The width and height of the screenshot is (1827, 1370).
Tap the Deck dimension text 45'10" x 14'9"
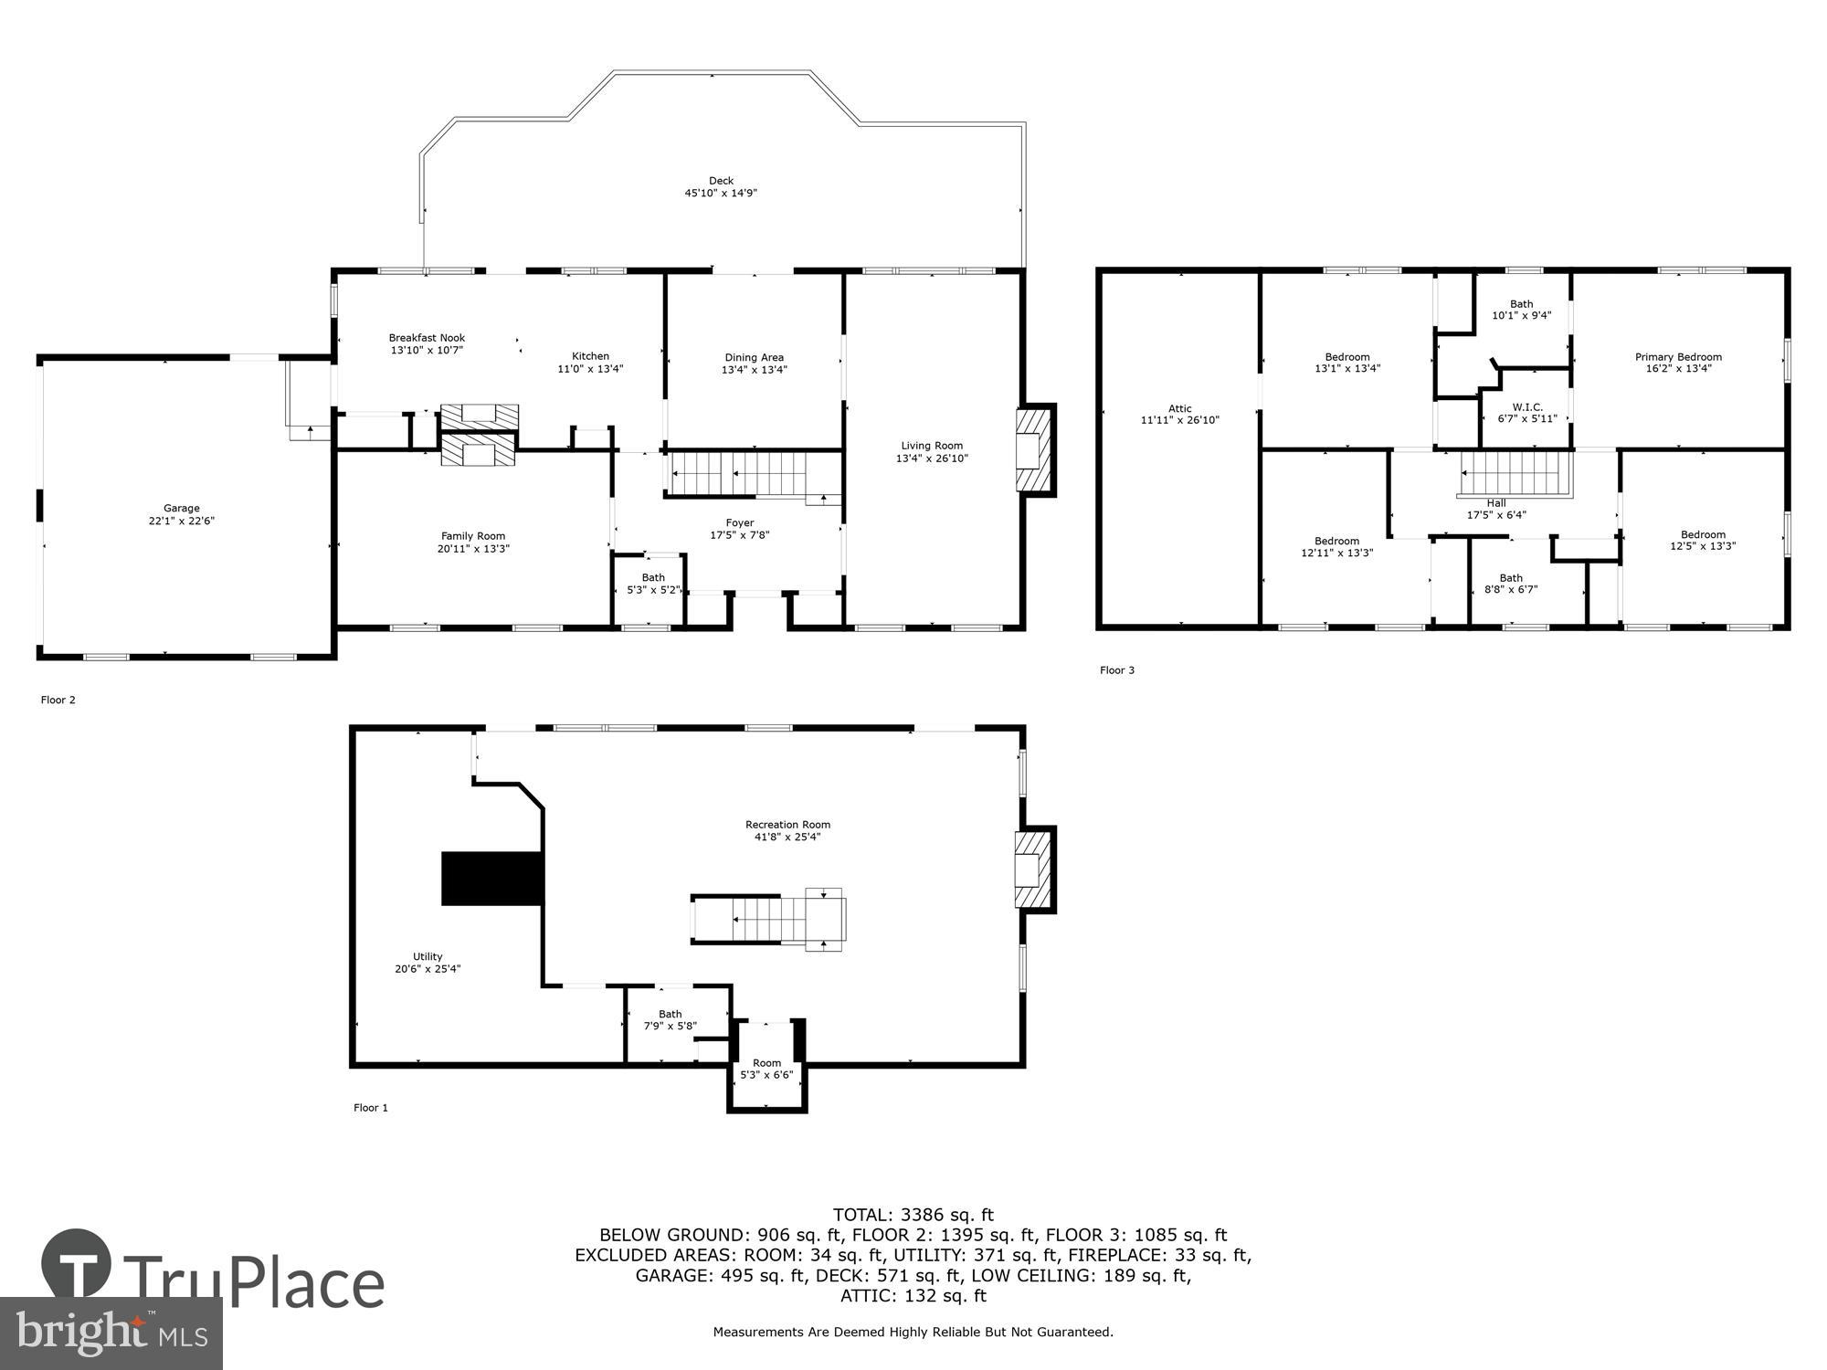(721, 194)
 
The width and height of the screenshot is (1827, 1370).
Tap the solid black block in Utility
(491, 879)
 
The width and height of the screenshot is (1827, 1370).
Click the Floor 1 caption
(371, 1108)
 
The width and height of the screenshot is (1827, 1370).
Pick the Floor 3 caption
(1116, 670)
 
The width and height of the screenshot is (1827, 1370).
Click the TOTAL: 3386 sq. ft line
(913, 1215)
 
